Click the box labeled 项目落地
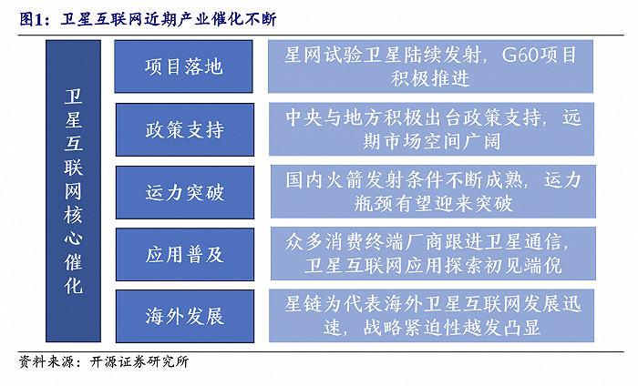pyautogui.click(x=184, y=66)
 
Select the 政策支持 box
pyautogui.click(x=184, y=129)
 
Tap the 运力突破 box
pyautogui.click(x=184, y=192)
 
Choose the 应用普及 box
pyautogui.click(x=184, y=254)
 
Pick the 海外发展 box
pyautogui.click(x=184, y=316)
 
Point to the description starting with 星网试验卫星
pyautogui.click(x=431, y=66)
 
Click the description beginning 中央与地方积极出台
pyautogui.click(x=431, y=129)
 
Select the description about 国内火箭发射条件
pyautogui.click(x=431, y=192)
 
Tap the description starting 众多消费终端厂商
pyautogui.click(x=431, y=254)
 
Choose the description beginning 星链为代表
pyautogui.click(x=431, y=316)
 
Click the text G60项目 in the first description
pyautogui.click(x=540, y=56)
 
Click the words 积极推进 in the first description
pyautogui.click(x=431, y=78)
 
